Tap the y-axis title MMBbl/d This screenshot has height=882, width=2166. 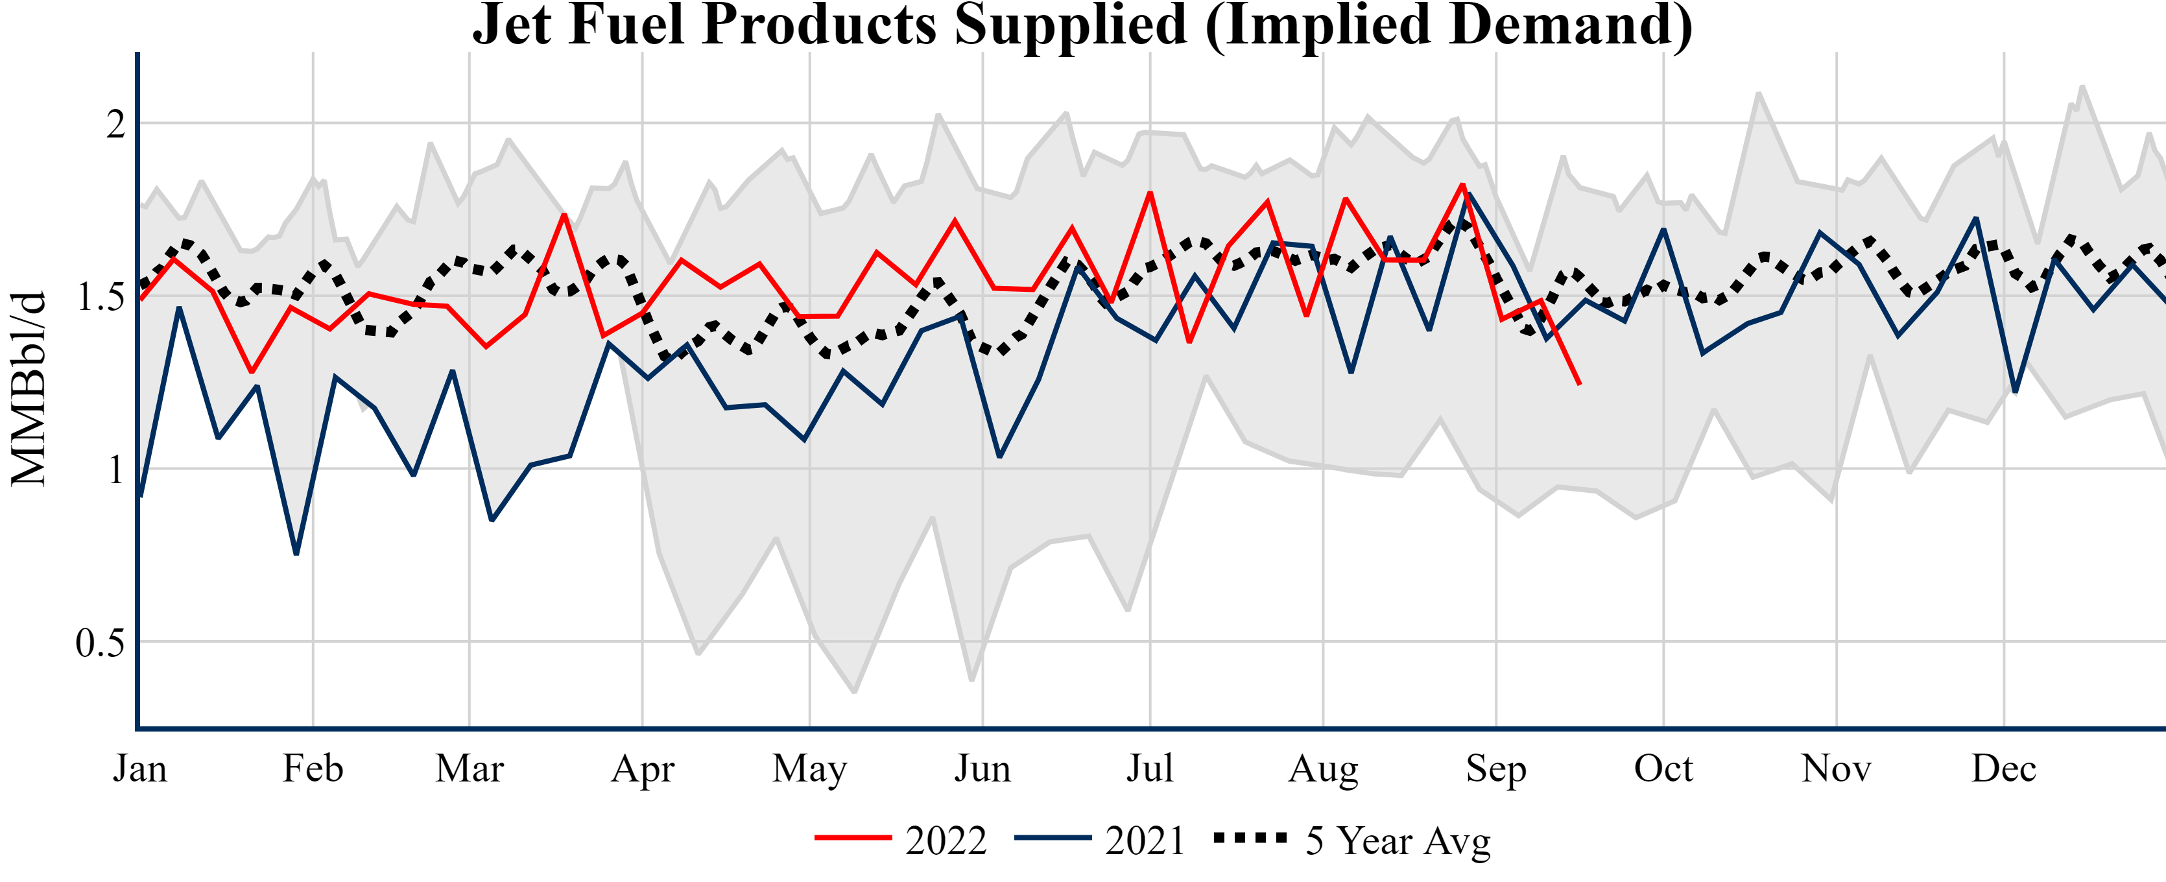[29, 388]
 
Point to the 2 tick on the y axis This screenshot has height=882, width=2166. [116, 125]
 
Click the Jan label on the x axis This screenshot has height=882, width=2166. [141, 769]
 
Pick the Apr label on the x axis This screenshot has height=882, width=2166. [643, 769]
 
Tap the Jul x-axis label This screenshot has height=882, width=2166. [1149, 769]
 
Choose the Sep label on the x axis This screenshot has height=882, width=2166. [1496, 769]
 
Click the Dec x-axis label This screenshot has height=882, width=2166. [2004, 769]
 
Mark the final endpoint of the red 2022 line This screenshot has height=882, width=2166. [1579, 383]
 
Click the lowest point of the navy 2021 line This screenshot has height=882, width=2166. [296, 553]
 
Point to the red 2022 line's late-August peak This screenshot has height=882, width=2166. [1463, 184]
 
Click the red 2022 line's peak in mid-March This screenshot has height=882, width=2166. [564, 215]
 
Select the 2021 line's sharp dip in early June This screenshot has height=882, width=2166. [999, 457]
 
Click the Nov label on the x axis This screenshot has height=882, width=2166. [1837, 769]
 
